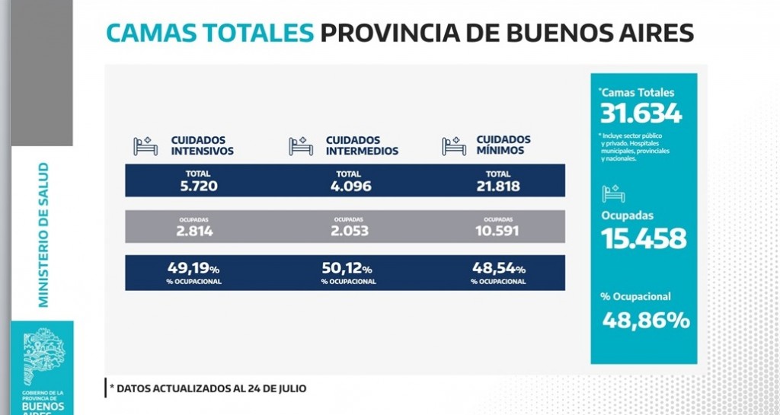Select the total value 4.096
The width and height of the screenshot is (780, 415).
[x=347, y=186]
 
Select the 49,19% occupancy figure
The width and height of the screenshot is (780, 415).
[x=193, y=268]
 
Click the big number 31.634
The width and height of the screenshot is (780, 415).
[x=641, y=113]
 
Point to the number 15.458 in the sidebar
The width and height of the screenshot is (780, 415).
[x=643, y=239]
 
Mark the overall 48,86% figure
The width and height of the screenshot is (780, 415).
[x=645, y=321]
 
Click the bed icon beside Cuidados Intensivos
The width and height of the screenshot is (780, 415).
[x=146, y=145]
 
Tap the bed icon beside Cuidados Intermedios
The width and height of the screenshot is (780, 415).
[x=301, y=145]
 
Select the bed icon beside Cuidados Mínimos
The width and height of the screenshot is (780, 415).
[x=455, y=145]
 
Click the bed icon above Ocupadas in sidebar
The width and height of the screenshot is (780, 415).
[x=613, y=193]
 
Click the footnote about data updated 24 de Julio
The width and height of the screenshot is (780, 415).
[x=208, y=388]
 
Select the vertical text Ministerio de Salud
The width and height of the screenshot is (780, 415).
[x=43, y=235]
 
